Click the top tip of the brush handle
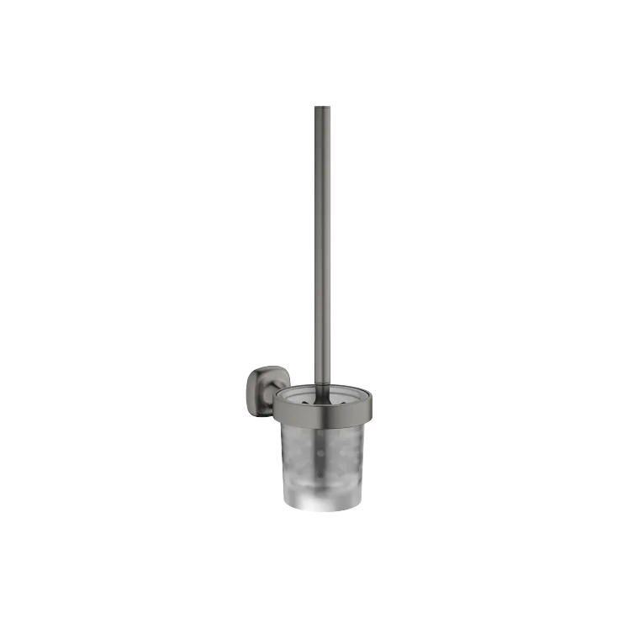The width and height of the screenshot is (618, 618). pos(323,105)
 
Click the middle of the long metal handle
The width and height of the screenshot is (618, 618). pos(323,244)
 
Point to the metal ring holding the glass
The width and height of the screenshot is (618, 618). pos(323,412)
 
